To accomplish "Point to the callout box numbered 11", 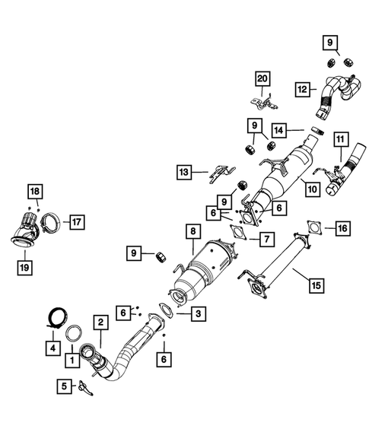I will tap(339, 139).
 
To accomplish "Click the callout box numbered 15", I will tap(315, 285).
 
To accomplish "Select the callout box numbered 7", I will tap(267, 239).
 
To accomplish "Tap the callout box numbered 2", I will tap(100, 322).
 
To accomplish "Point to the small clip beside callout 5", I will tap(87, 388).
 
